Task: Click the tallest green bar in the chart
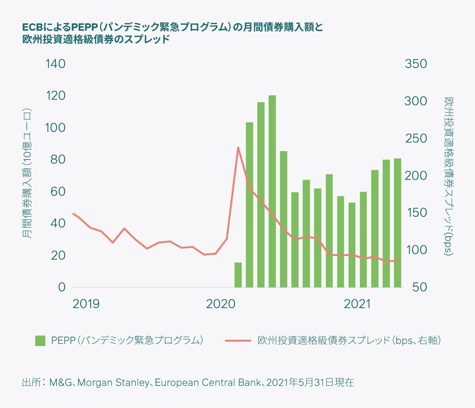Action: (x=272, y=191)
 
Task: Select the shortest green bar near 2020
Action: (x=238, y=275)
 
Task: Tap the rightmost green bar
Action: (x=397, y=223)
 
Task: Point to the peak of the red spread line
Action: (x=238, y=148)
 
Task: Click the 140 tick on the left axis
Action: (x=55, y=64)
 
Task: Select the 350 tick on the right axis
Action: (x=416, y=64)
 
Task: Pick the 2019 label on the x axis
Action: (x=86, y=304)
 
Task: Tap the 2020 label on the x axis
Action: (x=221, y=304)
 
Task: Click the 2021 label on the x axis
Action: (x=357, y=304)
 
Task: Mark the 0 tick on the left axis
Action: (x=62, y=287)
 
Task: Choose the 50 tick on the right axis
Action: (x=420, y=287)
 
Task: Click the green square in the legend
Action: (x=40, y=340)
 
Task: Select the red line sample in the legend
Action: (x=238, y=340)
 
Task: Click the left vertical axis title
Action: (x=27, y=174)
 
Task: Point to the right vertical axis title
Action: (x=449, y=176)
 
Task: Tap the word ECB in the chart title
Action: (x=33, y=27)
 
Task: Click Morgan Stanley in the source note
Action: (x=113, y=382)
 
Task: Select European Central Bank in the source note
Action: (x=207, y=382)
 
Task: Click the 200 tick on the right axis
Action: (x=416, y=175)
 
